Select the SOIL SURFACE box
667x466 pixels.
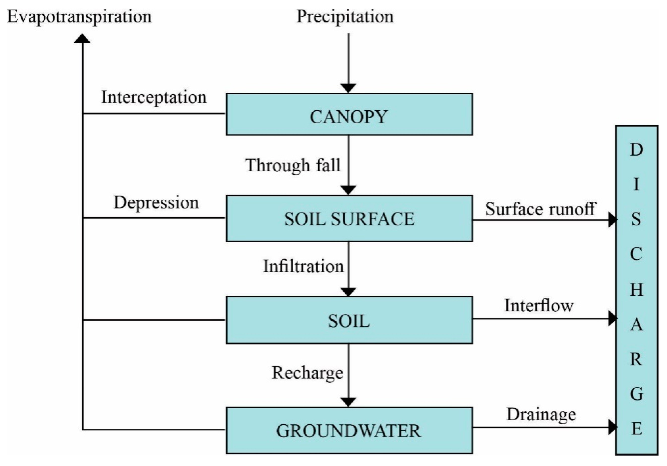coord(349,218)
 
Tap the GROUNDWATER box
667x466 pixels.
coord(349,431)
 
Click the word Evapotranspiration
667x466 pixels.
coord(79,17)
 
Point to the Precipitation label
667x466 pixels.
coord(345,17)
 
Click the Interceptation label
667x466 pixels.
coord(154,97)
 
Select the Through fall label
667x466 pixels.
coord(293,165)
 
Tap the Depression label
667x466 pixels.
coord(156,202)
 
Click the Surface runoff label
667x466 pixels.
coord(540,209)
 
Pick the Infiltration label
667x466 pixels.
coord(303,266)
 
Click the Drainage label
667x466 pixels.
coord(541,415)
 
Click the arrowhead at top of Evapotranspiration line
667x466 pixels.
coord(82,39)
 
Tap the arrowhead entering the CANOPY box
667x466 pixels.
coord(348,88)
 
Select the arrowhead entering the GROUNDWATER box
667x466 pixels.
coord(348,402)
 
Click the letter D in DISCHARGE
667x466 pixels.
coord(636,150)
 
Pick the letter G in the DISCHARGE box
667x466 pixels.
coord(636,394)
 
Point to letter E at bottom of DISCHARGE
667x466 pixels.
coord(636,429)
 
